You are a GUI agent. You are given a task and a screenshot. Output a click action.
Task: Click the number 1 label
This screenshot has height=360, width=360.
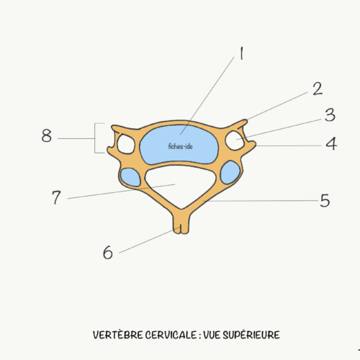[242, 53]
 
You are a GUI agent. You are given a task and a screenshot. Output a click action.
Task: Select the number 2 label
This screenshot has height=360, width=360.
[318, 89]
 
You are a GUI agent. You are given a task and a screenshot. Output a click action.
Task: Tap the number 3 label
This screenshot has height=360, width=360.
[330, 115]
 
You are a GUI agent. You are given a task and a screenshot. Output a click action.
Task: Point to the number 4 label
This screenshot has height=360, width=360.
[331, 143]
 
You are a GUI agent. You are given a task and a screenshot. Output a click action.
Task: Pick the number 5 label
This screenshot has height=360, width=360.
[325, 200]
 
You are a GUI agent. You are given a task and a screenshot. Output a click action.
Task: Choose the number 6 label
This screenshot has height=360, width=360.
[108, 253]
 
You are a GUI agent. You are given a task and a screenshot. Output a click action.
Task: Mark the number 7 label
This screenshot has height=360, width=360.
[56, 197]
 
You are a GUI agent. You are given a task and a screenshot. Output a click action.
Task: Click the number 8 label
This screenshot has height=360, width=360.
[47, 135]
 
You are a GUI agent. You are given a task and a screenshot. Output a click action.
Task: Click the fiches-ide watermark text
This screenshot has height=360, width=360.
[180, 146]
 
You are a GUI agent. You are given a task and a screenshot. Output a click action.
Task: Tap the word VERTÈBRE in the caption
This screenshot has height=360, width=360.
[118, 335]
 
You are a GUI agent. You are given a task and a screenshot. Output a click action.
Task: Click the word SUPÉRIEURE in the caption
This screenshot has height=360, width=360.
[251, 335]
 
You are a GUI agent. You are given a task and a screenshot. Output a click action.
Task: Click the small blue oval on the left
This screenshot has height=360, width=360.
[130, 177]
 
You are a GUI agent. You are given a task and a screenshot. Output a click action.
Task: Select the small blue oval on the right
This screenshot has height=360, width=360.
[230, 173]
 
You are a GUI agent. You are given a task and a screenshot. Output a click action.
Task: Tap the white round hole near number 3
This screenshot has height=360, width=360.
[235, 140]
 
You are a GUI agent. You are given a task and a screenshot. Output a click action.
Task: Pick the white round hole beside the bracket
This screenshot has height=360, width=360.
[126, 144]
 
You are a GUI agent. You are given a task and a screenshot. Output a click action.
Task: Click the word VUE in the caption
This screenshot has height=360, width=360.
[212, 335]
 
